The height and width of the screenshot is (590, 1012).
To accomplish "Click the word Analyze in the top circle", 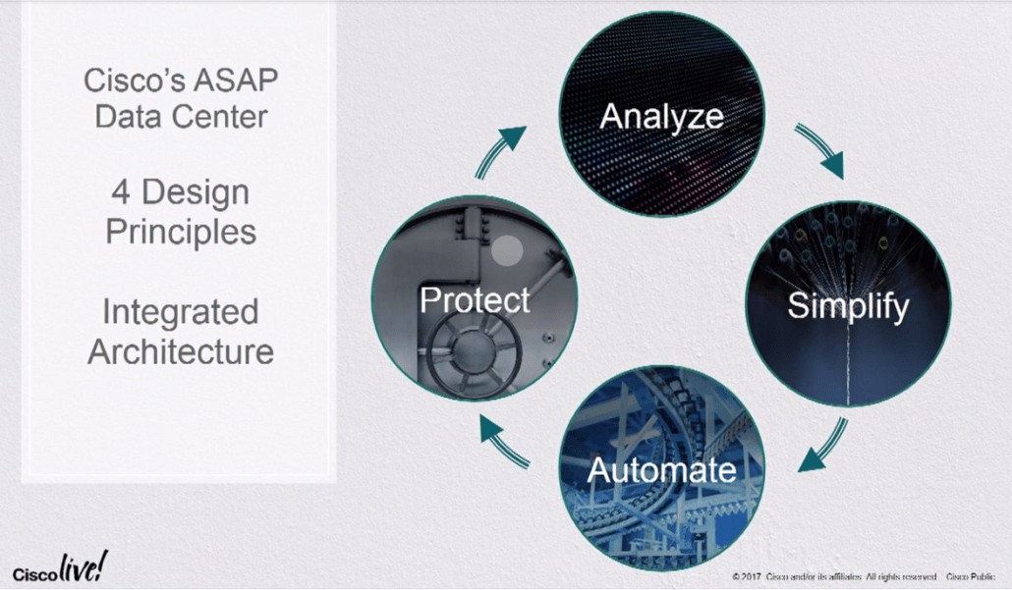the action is pos(661,118).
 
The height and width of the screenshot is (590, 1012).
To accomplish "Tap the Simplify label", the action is pos(848,305).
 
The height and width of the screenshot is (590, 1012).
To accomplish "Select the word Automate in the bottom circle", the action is pos(661,470).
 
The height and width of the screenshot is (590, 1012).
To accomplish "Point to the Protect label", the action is pos(475,299).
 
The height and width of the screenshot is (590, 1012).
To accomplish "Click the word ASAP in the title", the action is pos(235,80).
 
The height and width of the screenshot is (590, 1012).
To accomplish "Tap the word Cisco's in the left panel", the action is pos(135,80).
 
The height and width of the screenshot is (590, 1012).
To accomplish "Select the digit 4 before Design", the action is pos(121,192).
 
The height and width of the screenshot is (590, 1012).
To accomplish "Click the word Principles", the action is pos(181,233).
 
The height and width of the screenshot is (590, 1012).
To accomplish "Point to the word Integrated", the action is pos(181,313).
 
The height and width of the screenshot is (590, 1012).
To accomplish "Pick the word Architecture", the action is pos(181,352).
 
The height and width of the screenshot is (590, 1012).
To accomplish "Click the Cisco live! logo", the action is pos(61,567).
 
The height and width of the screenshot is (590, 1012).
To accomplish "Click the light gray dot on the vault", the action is pos(507,250).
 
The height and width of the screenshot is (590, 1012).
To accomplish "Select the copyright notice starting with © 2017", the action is pos(834,576).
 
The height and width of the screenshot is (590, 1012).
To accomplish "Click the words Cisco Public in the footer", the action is pos(970,576).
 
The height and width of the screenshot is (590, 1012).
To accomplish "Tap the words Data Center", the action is pos(181,118).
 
